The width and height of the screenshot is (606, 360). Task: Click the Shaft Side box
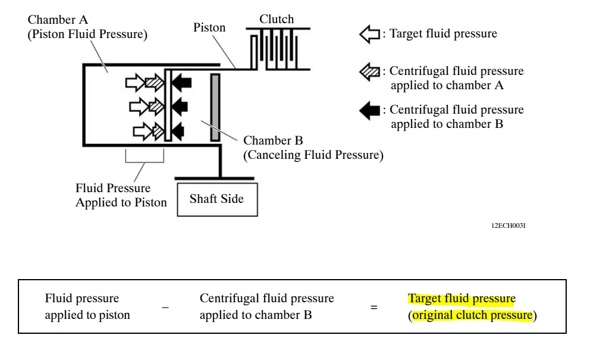(x=217, y=199)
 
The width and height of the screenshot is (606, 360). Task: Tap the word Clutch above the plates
(x=277, y=19)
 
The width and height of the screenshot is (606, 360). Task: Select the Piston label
(x=209, y=27)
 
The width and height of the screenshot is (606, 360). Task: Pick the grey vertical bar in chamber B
(x=215, y=107)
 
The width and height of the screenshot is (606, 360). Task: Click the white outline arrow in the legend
(x=369, y=34)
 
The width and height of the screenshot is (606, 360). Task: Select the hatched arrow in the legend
(x=369, y=72)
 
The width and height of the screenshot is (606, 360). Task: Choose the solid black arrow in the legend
(x=369, y=110)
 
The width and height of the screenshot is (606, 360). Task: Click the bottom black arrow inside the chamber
(x=178, y=130)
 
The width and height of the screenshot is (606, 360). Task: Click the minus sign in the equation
(x=165, y=308)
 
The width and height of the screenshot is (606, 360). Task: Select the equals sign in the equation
(x=374, y=308)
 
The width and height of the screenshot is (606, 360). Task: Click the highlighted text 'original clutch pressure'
(x=473, y=315)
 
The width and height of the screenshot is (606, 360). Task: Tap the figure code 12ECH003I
(x=508, y=226)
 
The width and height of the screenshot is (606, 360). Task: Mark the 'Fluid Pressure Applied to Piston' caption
(x=121, y=195)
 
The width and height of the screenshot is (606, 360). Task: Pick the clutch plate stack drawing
(x=277, y=49)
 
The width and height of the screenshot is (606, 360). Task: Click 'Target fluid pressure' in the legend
(x=443, y=34)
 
